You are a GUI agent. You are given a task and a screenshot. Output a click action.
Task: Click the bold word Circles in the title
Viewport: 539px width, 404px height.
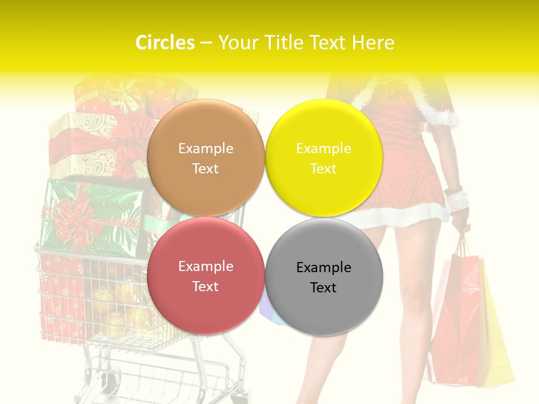(165, 43)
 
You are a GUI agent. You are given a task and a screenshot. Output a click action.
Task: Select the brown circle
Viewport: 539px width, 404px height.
(205, 158)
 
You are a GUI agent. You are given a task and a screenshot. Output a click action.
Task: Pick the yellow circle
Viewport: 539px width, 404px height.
(324, 158)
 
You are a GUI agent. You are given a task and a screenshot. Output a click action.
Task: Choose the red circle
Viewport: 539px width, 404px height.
(205, 276)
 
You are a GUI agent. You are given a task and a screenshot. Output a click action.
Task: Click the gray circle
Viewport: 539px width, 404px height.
(324, 277)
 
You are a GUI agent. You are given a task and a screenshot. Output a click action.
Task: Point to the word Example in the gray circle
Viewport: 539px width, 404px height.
(323, 268)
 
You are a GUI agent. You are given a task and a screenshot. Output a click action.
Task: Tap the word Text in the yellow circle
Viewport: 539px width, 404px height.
(323, 168)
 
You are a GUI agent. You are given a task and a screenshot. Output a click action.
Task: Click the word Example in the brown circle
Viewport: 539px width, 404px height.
(205, 149)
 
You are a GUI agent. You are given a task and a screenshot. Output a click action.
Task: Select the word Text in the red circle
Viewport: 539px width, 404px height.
(205, 286)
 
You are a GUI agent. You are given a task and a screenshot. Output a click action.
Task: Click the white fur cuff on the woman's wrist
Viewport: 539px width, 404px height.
(456, 199)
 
